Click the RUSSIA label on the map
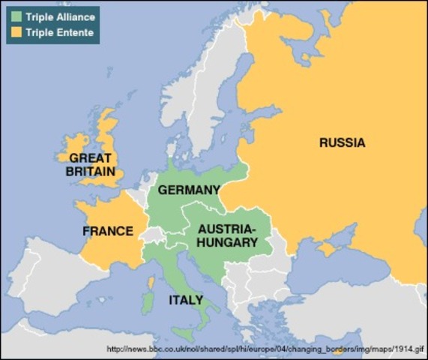pyautogui.click(x=342, y=142)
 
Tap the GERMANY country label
pyautogui.click(x=188, y=190)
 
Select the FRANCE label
pyautogui.click(x=107, y=231)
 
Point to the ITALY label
pyautogui.click(x=185, y=300)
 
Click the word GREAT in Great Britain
pyautogui.click(x=90, y=158)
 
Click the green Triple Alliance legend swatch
pyautogui.click(x=16, y=16)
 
